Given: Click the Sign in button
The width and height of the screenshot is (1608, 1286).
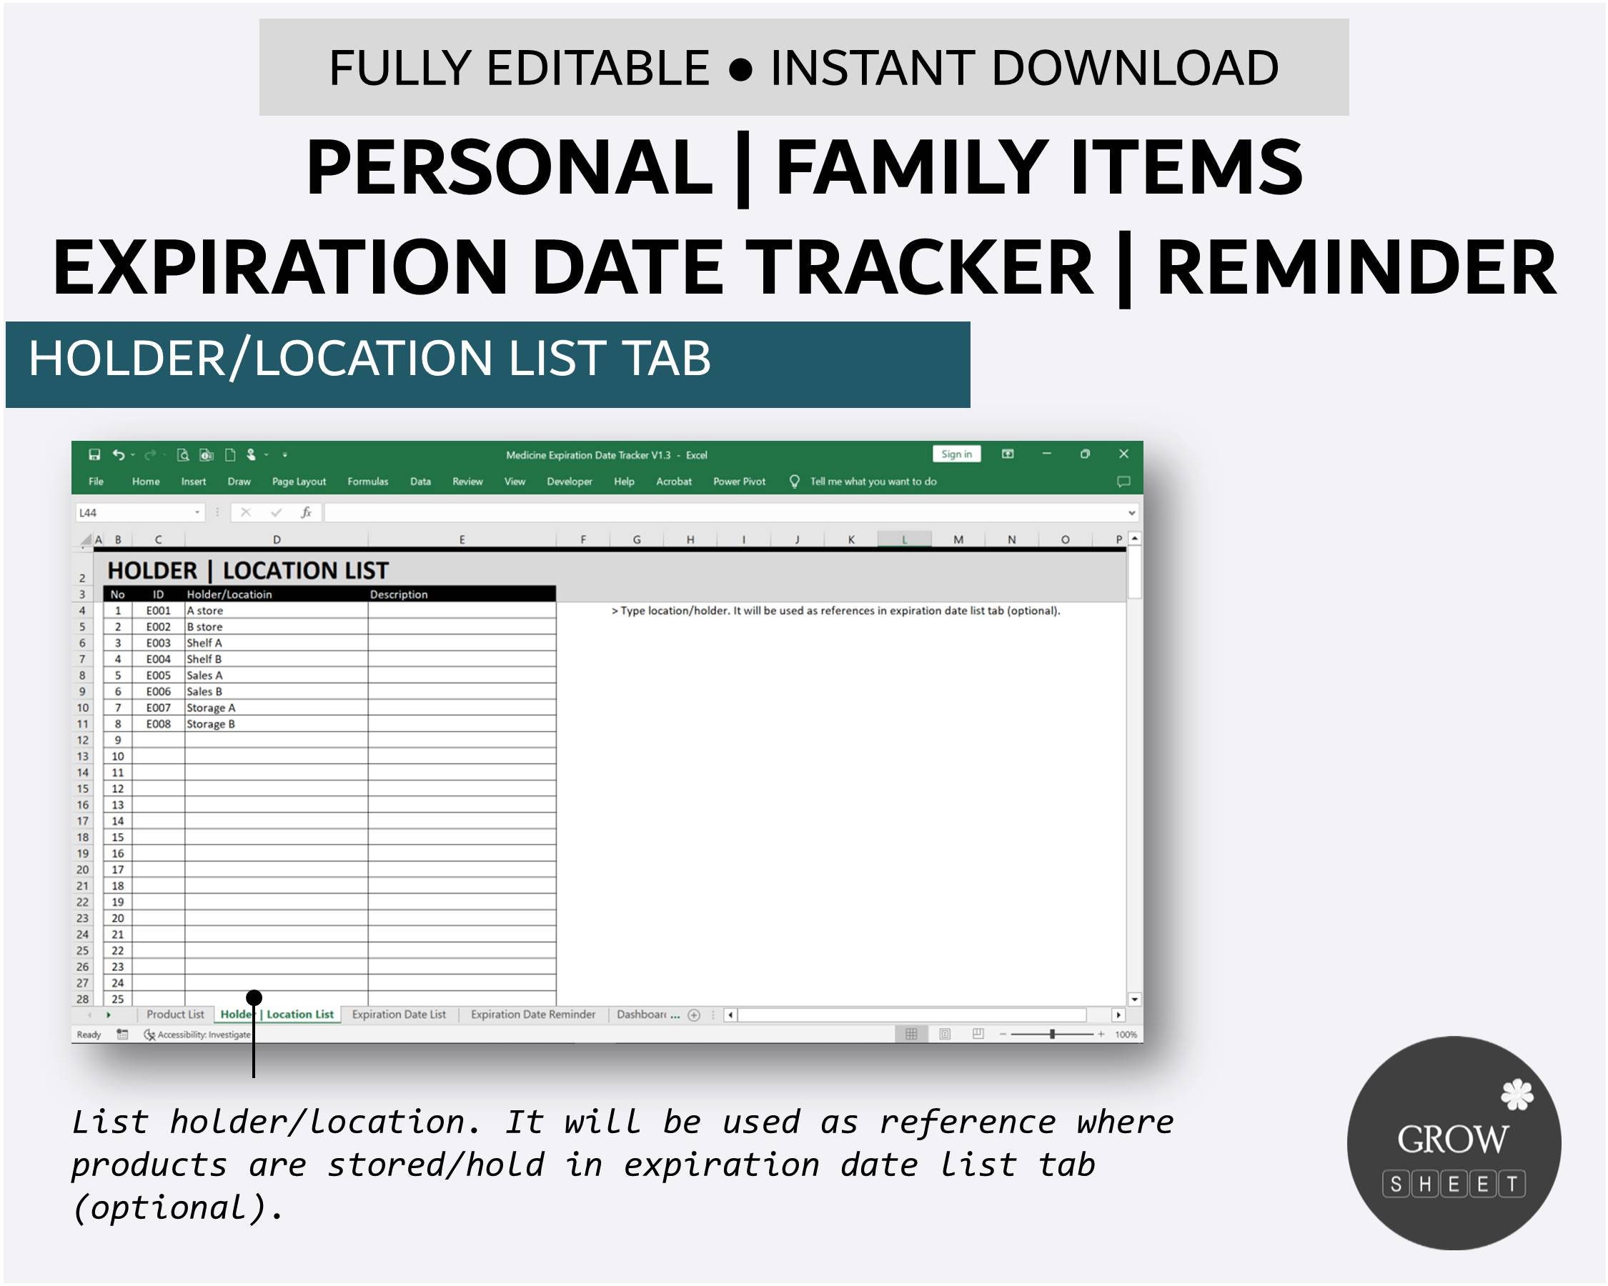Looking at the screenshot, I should coord(956,454).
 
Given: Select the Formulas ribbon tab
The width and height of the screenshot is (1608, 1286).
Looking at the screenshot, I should coord(367,482).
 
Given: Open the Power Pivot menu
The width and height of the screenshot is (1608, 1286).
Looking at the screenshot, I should coord(738,482).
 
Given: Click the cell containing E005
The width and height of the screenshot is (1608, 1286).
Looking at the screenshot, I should coord(158,675).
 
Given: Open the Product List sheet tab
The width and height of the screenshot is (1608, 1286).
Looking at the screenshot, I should coord(175,1015).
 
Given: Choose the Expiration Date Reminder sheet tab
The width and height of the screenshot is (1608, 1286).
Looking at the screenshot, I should coord(532,1015).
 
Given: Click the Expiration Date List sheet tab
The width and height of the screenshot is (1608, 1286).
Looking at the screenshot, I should coord(398,1015).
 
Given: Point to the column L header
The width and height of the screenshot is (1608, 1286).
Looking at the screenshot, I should coord(904,539).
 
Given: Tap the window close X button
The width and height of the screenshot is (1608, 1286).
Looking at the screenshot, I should coord(1123,454).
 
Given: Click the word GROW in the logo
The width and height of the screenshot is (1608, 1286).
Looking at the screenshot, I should coord(1452,1139).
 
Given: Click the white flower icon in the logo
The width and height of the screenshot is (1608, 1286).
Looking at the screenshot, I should coord(1517,1095).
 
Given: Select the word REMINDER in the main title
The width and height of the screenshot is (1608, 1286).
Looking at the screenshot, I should coord(1356,269).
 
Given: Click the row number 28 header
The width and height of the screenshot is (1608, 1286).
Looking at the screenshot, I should coord(83,999).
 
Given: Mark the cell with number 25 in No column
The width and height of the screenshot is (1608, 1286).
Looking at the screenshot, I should coord(118,999).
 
